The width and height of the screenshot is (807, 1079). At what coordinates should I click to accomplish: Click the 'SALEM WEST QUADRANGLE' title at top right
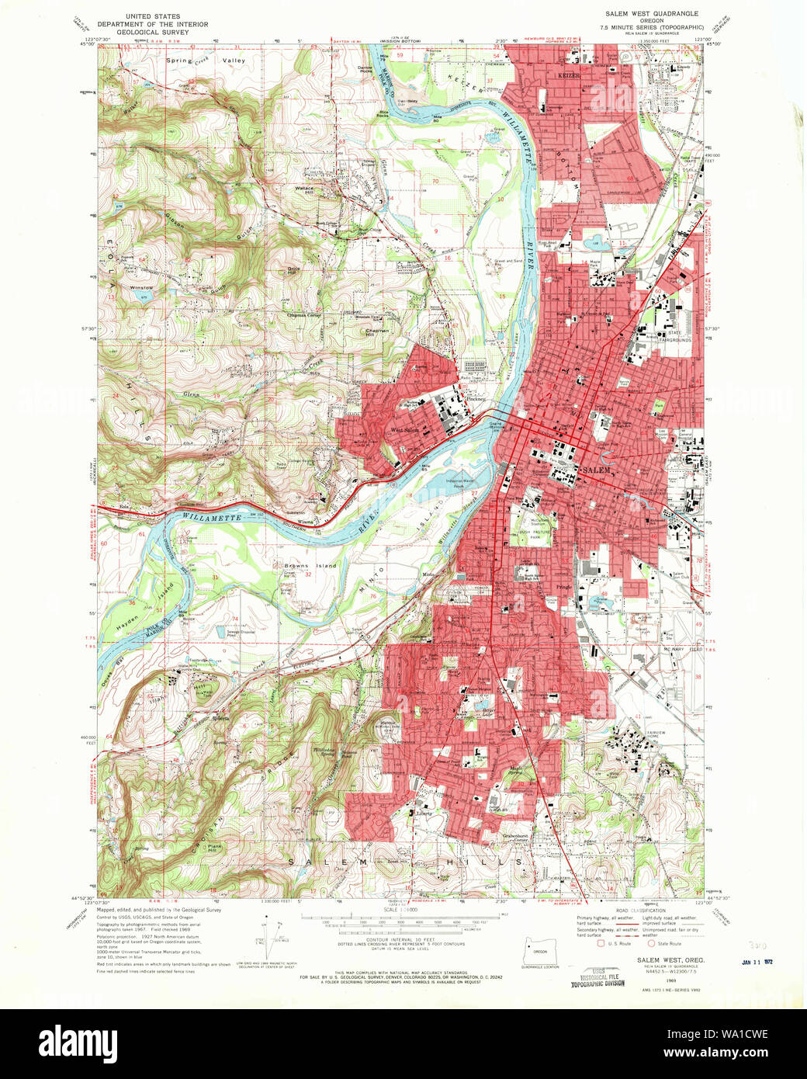652,14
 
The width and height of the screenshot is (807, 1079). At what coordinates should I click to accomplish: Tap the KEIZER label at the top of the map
568,76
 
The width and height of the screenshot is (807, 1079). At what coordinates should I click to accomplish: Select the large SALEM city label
597,470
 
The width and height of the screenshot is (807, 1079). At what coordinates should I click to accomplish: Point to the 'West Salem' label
404,430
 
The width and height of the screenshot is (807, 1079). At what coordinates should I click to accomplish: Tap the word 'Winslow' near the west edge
141,288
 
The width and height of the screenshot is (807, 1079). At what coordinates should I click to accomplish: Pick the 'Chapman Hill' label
377,332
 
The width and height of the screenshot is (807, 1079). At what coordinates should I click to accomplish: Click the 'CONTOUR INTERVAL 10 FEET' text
401,939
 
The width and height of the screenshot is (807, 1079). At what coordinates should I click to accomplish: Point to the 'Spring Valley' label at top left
205,61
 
